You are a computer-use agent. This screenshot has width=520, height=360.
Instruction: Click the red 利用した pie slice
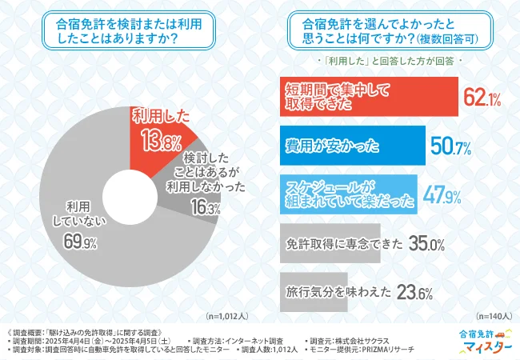point(160,132)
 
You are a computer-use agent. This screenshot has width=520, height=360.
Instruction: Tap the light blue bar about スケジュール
point(347,193)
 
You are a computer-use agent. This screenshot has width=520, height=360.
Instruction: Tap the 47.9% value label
point(439,194)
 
